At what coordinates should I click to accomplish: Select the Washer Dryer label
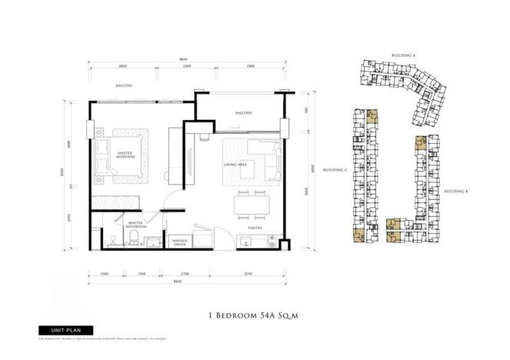(182, 240)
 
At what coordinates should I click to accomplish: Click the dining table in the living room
(251, 202)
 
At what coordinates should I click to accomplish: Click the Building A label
(403, 57)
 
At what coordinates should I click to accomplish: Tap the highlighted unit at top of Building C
(372, 118)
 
